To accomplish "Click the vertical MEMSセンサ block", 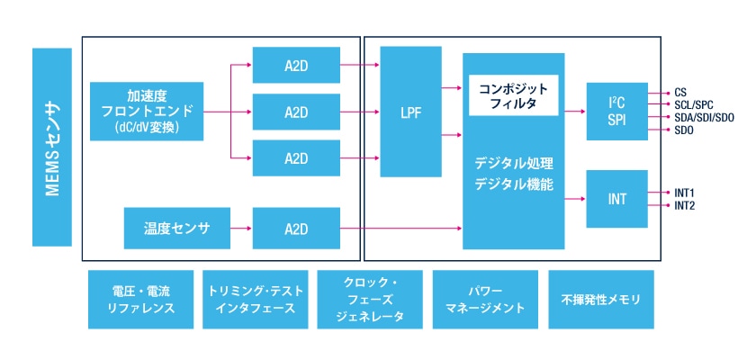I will click(x=52, y=148).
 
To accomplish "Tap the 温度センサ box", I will click(x=176, y=229).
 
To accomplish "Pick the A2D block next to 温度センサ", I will click(x=296, y=229).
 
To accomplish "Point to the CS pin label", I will click(x=680, y=92).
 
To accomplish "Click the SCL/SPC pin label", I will click(x=694, y=104).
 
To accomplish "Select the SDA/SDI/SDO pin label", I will click(x=705, y=117).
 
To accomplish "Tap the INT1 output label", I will click(x=685, y=193).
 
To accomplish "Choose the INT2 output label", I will click(x=685, y=206).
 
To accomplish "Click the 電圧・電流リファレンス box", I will click(x=141, y=300).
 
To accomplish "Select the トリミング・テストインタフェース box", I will click(x=256, y=300).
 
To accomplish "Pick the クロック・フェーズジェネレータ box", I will click(x=370, y=300).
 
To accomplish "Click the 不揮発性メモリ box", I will click(x=601, y=300).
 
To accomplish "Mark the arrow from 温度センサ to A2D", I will click(x=241, y=229).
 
